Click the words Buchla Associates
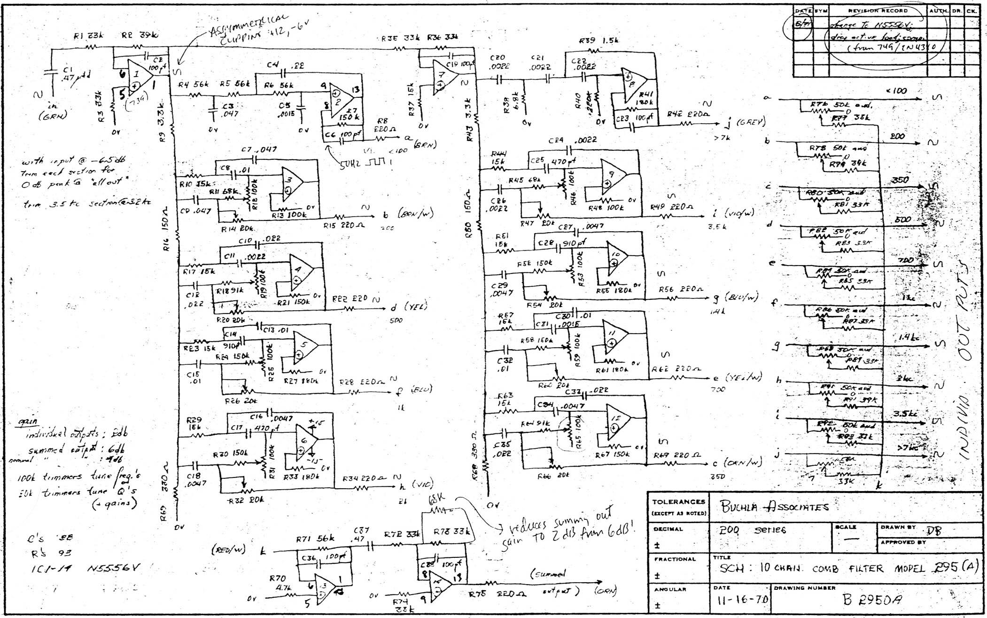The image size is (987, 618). (x=775, y=507)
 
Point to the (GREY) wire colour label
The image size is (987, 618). (x=751, y=123)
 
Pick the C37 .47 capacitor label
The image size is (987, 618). (x=361, y=535)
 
